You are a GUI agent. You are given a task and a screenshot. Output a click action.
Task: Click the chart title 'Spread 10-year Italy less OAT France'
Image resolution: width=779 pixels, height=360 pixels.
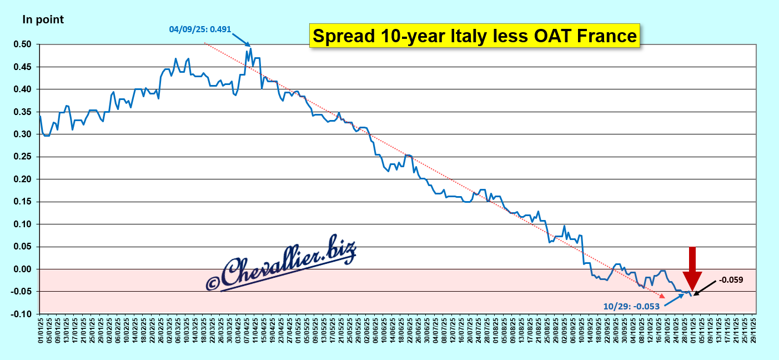pyautogui.click(x=474, y=36)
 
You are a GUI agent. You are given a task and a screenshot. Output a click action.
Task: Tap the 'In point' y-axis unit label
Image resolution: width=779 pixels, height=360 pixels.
pyautogui.click(x=43, y=20)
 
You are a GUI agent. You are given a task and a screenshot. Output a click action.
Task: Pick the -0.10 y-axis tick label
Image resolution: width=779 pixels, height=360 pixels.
pyautogui.click(x=24, y=314)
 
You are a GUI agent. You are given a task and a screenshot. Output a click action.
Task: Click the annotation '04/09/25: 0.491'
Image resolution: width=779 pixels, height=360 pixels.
pyautogui.click(x=200, y=27)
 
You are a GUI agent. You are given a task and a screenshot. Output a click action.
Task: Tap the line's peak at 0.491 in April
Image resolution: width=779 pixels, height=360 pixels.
pyautogui.click(x=251, y=48)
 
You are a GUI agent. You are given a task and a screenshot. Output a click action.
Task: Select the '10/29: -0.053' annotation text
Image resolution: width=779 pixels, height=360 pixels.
pyautogui.click(x=632, y=306)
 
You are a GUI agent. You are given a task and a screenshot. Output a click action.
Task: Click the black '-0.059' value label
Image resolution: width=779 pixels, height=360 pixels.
pyautogui.click(x=731, y=280)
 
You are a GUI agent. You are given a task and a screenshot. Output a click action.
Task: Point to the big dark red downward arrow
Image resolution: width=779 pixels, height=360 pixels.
pyautogui.click(x=692, y=267)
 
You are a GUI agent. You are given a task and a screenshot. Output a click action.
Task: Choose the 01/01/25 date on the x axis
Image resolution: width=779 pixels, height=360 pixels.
pyautogui.click(x=41, y=328)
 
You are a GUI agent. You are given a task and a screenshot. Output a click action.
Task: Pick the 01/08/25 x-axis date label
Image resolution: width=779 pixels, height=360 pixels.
pyautogui.click(x=496, y=328)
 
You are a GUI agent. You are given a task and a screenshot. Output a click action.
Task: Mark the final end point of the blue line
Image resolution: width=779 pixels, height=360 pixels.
pyautogui.click(x=691, y=296)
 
